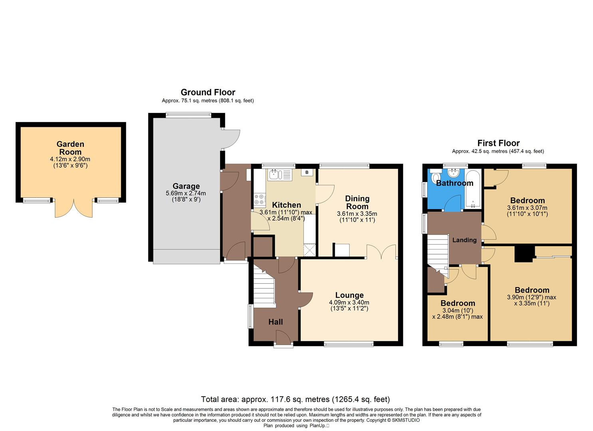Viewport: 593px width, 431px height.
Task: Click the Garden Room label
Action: point(70,148)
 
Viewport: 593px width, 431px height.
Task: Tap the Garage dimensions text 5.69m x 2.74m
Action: point(186,193)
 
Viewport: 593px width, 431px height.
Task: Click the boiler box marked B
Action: point(307,172)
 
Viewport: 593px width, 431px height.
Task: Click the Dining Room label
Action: point(357,202)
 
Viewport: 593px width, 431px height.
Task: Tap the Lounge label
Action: point(349,295)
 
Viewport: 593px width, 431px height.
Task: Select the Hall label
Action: point(275,322)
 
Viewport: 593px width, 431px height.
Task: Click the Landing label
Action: point(464,240)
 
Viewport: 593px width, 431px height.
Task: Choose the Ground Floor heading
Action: point(208,92)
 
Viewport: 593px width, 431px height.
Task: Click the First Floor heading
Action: point(498,143)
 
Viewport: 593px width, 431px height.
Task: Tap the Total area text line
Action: point(295,399)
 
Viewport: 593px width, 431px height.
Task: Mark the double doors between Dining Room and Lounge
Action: point(381,252)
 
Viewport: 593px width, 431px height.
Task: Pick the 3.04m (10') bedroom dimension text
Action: point(457,310)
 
